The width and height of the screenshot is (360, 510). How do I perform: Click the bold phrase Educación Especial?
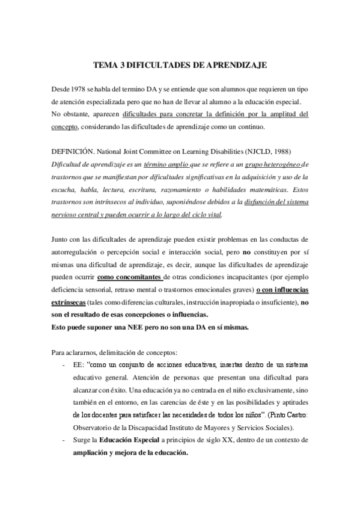pyautogui.click(x=132, y=440)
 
